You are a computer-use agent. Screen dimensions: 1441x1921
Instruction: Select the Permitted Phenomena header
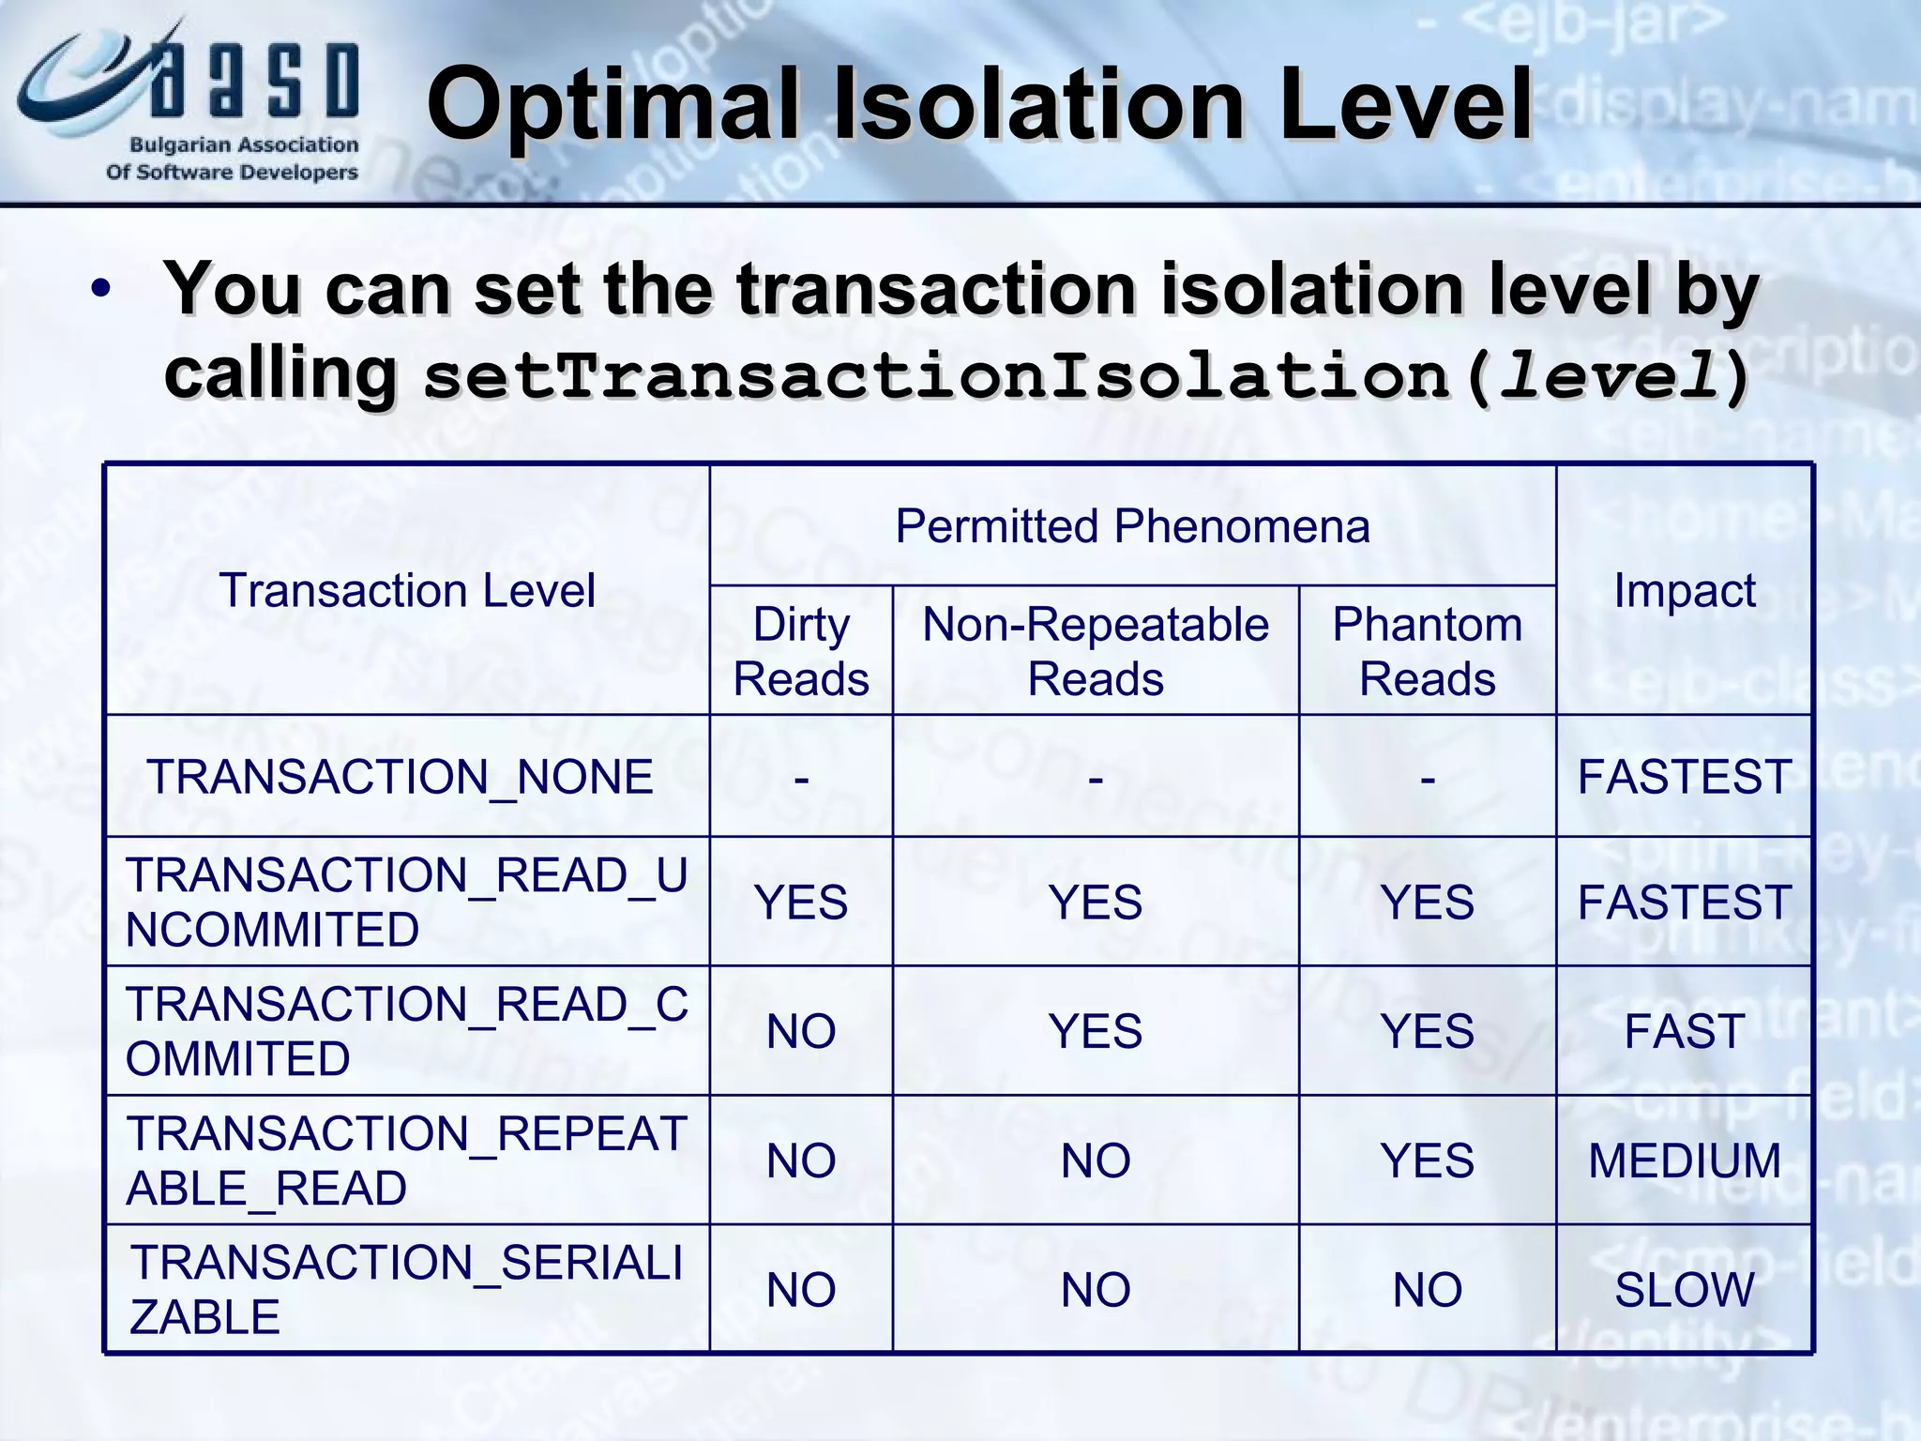click(1132, 525)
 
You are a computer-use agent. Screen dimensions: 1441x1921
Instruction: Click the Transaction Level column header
click(407, 591)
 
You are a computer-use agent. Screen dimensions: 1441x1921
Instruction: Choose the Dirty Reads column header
click(801, 651)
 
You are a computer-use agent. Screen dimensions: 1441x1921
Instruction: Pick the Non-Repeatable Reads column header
click(1096, 651)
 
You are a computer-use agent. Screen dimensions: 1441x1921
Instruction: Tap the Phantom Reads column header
click(1427, 651)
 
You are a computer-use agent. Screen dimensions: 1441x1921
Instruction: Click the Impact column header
click(1684, 591)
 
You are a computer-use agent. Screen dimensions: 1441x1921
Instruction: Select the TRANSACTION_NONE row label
click(401, 777)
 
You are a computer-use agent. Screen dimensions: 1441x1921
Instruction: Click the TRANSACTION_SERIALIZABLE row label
click(407, 1289)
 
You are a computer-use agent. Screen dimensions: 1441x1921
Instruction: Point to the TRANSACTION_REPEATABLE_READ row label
click(407, 1160)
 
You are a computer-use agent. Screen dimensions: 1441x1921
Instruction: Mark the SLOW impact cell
click(1684, 1290)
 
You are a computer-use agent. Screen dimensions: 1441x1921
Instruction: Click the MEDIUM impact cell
click(1684, 1160)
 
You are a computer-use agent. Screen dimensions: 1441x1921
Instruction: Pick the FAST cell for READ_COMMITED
click(1684, 1032)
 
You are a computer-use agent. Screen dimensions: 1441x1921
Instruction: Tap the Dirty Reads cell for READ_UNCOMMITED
click(801, 903)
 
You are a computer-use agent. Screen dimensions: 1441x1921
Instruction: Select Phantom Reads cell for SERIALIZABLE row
click(1427, 1290)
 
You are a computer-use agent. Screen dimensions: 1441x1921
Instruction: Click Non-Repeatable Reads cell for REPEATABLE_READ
click(1096, 1160)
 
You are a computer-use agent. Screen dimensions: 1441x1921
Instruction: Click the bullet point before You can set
click(101, 290)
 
